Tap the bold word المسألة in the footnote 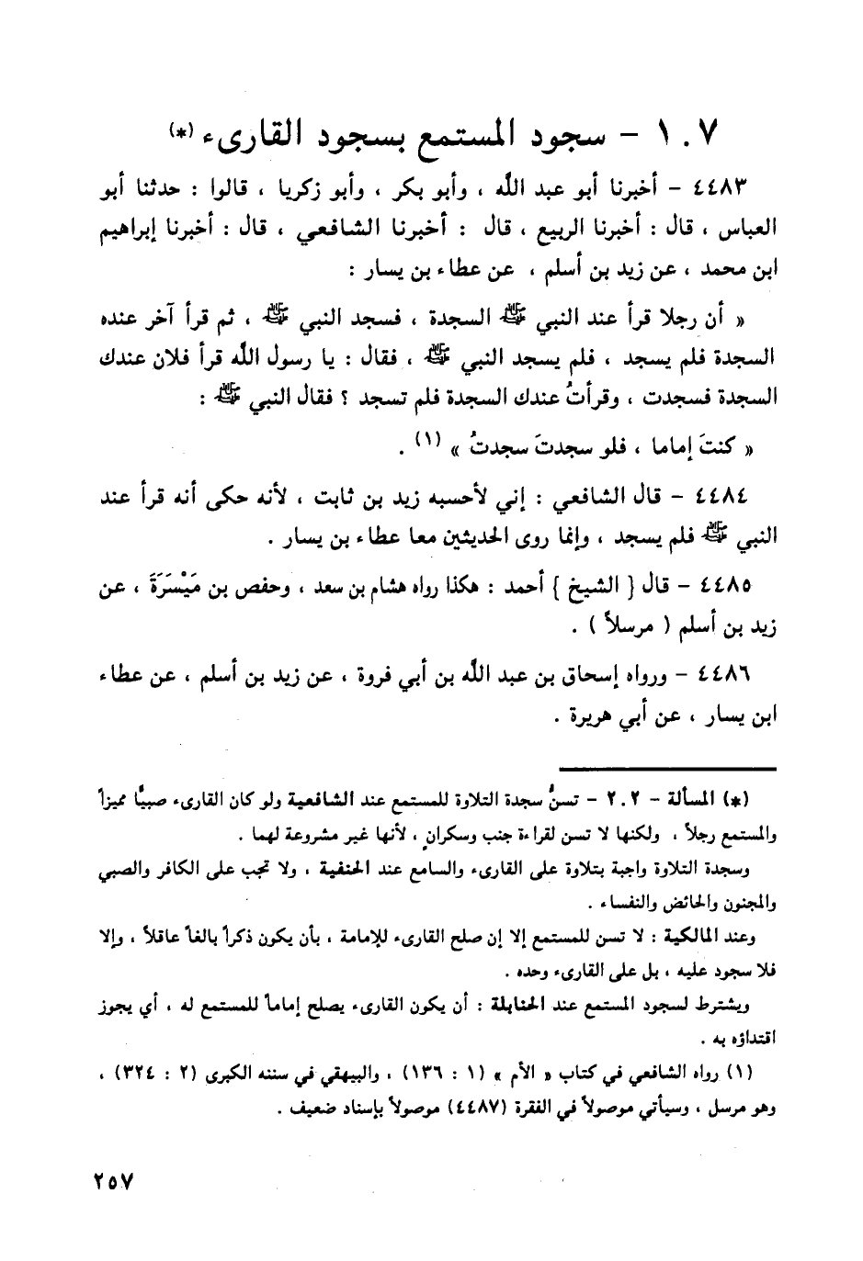(x=710, y=794)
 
